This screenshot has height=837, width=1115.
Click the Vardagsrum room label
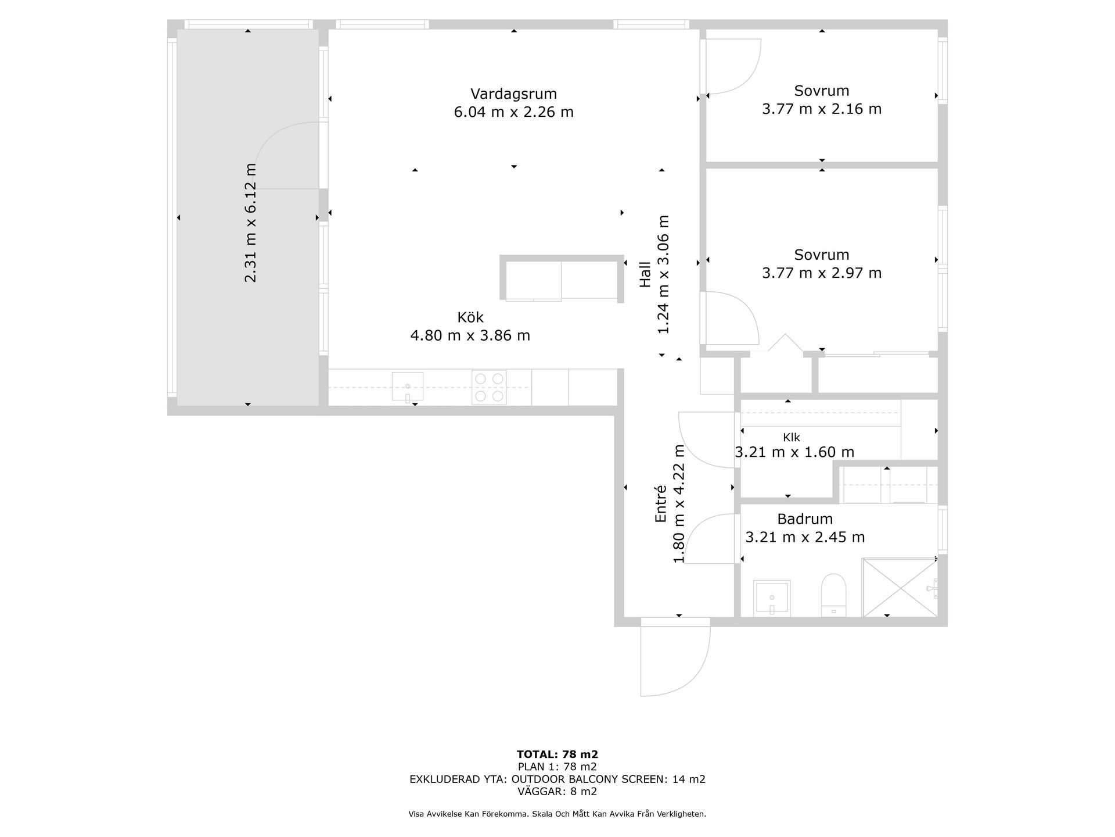pyautogui.click(x=513, y=94)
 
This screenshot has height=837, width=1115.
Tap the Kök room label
pyautogui.click(x=470, y=317)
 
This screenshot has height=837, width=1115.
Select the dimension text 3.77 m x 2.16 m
pyautogui.click(x=822, y=109)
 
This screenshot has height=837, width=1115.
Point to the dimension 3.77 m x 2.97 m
pyautogui.click(x=822, y=273)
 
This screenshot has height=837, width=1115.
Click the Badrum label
pyautogui.click(x=805, y=519)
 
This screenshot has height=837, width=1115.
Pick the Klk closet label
pyautogui.click(x=792, y=438)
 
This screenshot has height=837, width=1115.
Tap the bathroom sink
pyautogui.click(x=772, y=598)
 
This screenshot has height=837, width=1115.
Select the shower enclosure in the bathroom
pyautogui.click(x=900, y=587)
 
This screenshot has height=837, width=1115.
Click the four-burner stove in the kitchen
pyautogui.click(x=489, y=387)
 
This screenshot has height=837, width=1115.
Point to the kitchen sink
pyautogui.click(x=407, y=387)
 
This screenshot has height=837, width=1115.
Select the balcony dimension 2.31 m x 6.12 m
pyautogui.click(x=250, y=223)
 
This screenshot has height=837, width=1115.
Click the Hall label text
pyautogui.click(x=645, y=274)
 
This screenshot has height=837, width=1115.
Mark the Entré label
pyautogui.click(x=660, y=504)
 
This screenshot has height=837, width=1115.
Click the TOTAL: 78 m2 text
pyautogui.click(x=557, y=754)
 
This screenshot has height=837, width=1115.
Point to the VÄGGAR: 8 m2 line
pyautogui.click(x=557, y=792)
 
